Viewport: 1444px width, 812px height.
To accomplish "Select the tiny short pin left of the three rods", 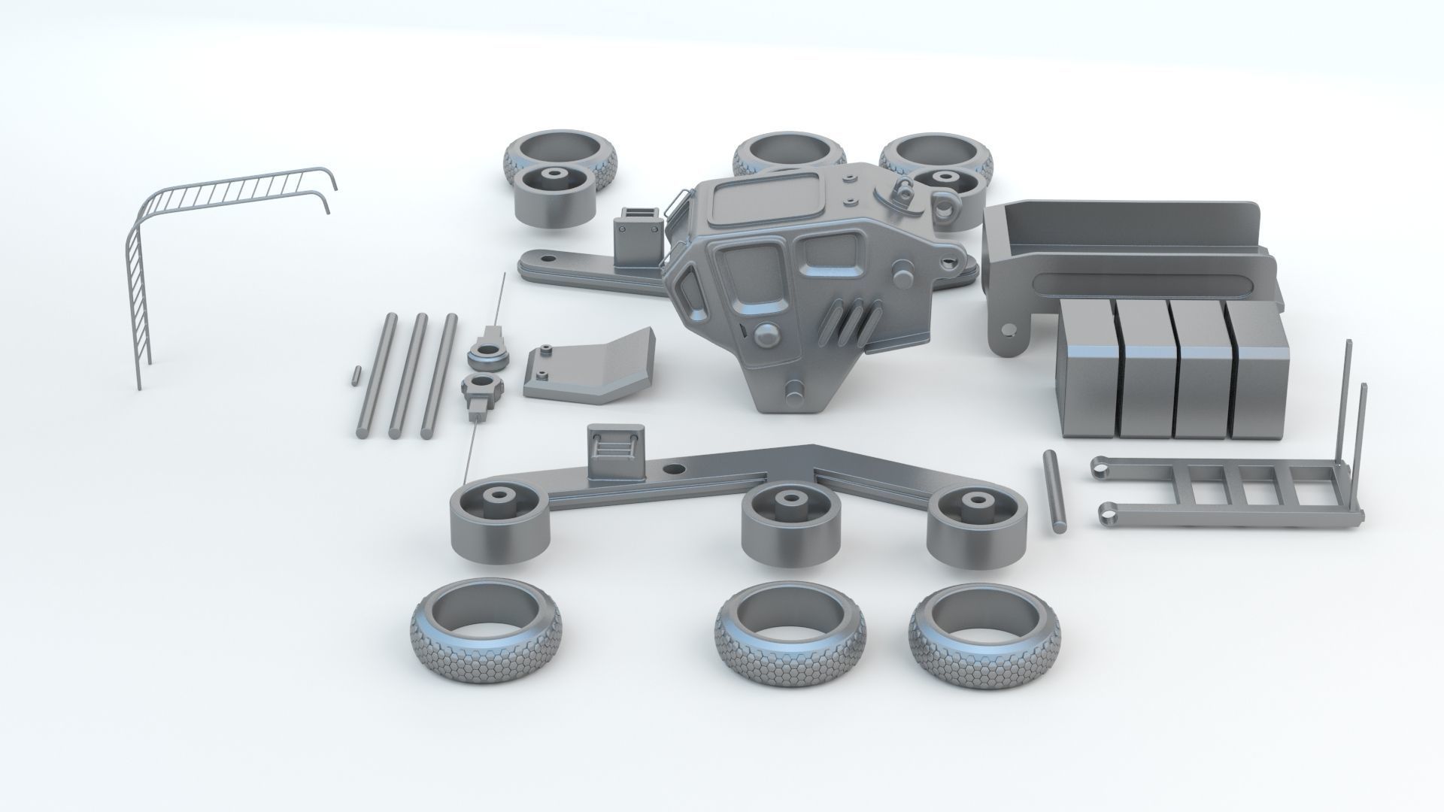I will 354,375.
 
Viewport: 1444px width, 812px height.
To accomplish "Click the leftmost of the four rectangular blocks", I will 1088,368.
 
